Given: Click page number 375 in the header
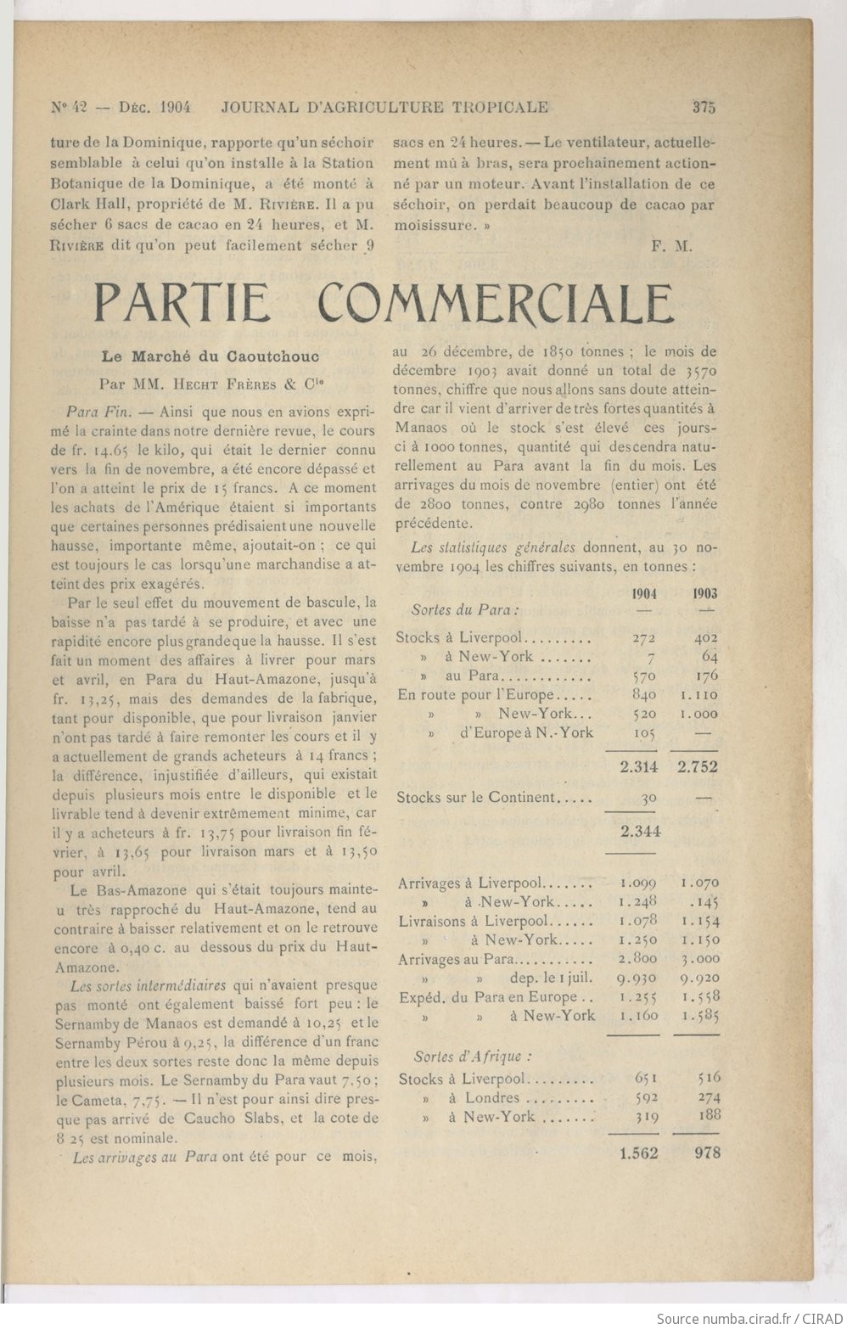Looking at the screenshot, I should pos(704,107).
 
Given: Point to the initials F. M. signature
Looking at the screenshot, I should pos(672,247).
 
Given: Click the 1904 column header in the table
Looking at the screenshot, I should pos(644,594).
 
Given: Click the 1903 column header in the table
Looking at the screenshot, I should pos(704,594).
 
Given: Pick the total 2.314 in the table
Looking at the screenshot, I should pos(638,767).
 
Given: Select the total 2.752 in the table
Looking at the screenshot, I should pos(698,767).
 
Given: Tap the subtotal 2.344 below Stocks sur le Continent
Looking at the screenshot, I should pos(639,832).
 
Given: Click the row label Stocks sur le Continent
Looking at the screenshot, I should pos(475,798).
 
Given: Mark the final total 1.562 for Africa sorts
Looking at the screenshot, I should pos(638,1153).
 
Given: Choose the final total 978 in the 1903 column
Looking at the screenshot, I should pos(706,1153).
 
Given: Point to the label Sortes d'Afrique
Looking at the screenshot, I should pos(473,1057).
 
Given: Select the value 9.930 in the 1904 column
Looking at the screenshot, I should pos(639,978).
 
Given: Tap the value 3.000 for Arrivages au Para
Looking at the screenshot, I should pos(700,959).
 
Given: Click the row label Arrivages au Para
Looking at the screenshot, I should pos(456,959).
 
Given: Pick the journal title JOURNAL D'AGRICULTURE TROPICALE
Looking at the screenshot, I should pos(384,107).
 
